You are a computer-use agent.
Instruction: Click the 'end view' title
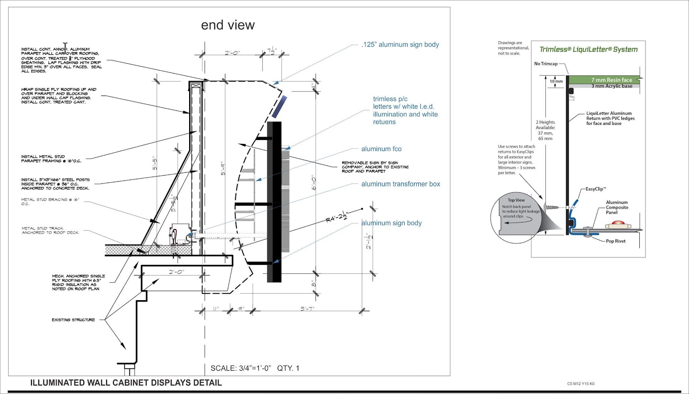point(228,25)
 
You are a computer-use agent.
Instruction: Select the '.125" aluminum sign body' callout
point(400,45)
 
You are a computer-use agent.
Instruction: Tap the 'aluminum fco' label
point(381,149)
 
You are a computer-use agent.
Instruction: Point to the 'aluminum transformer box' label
point(400,184)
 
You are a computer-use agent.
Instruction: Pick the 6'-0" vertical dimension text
point(314,183)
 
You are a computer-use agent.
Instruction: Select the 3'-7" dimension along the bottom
point(307,309)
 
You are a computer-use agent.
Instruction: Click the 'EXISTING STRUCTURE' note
point(74,320)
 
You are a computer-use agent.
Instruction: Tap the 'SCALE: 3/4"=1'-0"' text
point(241,368)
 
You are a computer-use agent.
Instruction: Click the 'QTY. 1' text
point(288,368)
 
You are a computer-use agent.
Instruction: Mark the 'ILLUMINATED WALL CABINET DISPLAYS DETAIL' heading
point(126,383)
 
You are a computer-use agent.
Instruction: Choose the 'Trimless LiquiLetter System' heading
point(588,49)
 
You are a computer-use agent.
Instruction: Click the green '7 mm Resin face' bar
point(604,80)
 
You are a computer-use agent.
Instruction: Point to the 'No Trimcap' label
point(546,64)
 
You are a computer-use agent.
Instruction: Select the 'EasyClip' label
point(595,189)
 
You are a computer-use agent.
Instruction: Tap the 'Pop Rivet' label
point(615,241)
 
